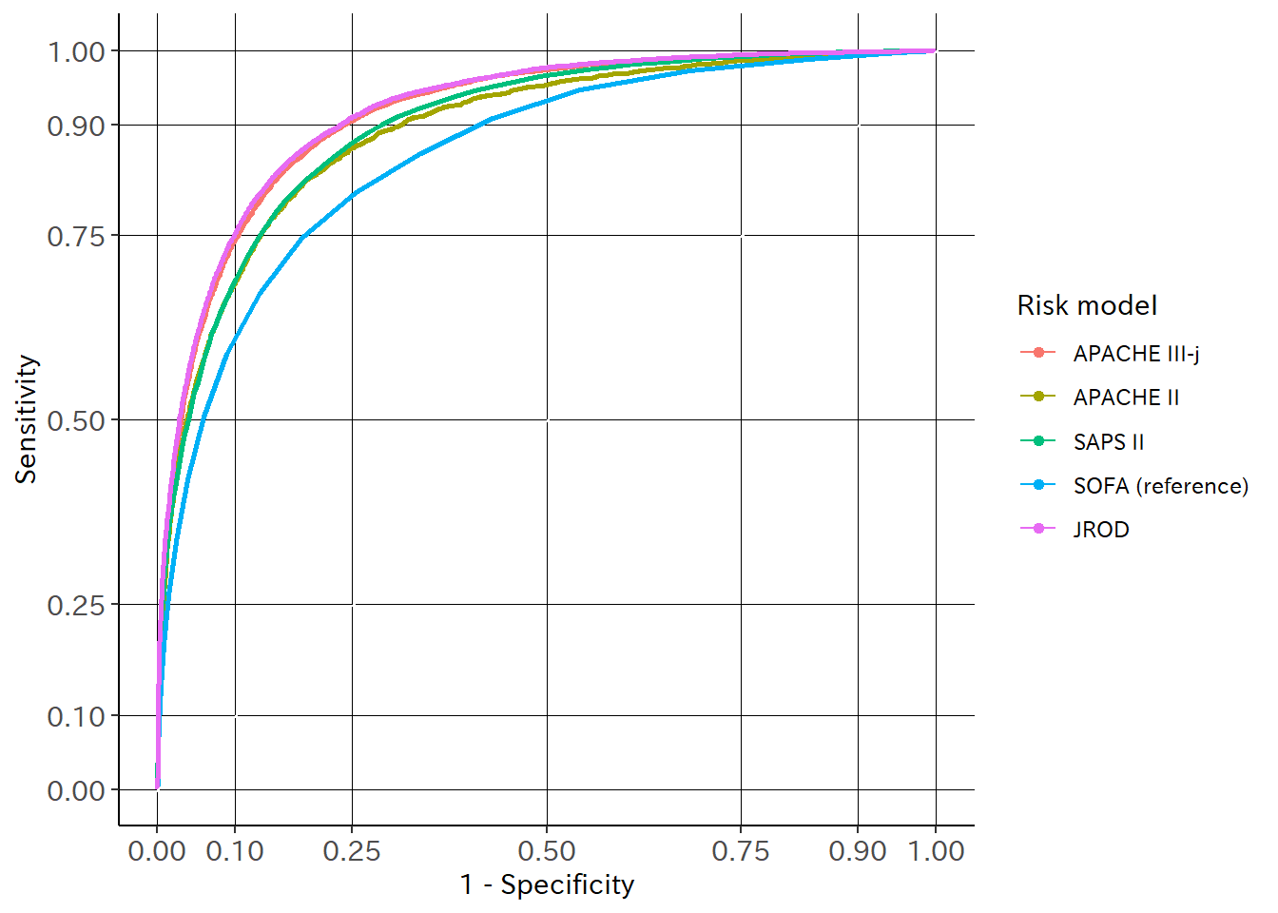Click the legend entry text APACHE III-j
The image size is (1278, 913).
1135,354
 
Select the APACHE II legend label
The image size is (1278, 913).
1126,398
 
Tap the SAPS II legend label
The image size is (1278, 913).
1108,442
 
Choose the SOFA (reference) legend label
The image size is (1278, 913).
1160,486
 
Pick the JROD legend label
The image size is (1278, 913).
1101,530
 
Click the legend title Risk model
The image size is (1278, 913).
1087,305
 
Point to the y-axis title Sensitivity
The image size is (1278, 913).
27,419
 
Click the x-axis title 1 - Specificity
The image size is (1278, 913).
547,884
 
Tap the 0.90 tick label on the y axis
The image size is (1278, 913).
76,126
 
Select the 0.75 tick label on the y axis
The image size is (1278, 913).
76,236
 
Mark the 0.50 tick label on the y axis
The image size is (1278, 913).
76,420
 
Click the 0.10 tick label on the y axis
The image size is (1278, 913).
76,716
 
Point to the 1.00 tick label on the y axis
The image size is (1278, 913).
76,51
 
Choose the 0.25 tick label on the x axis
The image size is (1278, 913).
352,851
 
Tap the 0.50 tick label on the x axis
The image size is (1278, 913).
547,851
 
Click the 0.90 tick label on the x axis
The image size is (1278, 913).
858,851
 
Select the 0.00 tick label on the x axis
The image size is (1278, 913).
157,851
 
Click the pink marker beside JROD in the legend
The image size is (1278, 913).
1038,529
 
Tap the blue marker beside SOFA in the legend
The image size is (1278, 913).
1038,485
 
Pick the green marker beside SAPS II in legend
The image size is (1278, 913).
1038,441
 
